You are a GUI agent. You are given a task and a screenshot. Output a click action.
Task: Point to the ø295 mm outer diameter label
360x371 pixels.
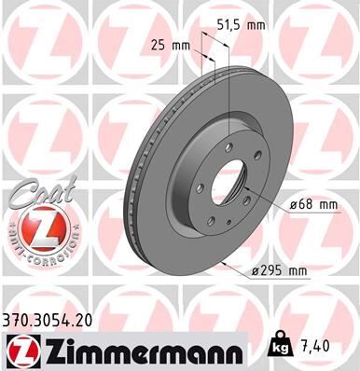(x=281, y=271)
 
